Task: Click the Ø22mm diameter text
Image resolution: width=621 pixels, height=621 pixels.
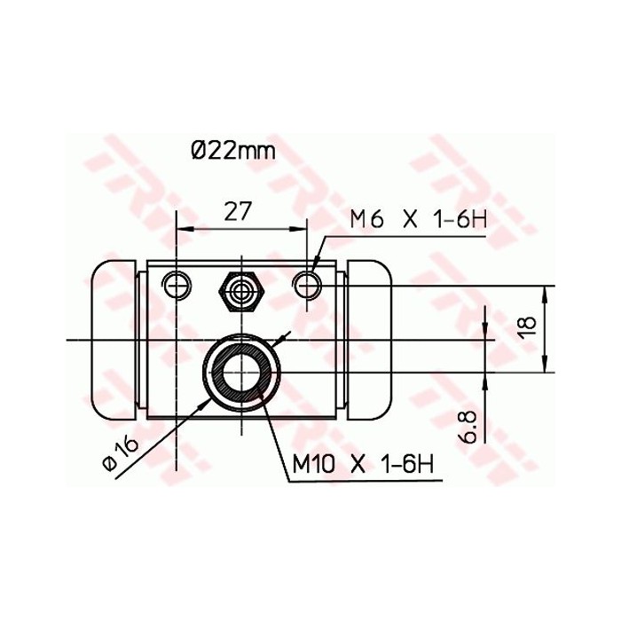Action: (x=232, y=150)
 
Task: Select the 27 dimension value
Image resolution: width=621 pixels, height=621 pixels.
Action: (x=238, y=210)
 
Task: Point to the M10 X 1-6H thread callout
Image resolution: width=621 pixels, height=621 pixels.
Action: (x=366, y=464)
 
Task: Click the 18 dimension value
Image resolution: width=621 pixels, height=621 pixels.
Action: (x=526, y=326)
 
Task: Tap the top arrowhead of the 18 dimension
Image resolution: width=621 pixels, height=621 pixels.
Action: (x=545, y=292)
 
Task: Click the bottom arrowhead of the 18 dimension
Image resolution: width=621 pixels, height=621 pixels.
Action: (x=545, y=366)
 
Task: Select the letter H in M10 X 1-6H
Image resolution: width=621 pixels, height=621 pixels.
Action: (x=432, y=464)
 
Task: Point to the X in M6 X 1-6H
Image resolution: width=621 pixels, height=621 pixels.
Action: (x=410, y=219)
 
